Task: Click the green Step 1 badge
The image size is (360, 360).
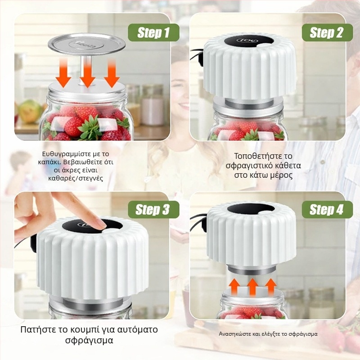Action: [153, 32]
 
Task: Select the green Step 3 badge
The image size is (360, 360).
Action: [153, 209]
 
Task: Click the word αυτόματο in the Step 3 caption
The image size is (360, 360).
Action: [136, 329]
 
